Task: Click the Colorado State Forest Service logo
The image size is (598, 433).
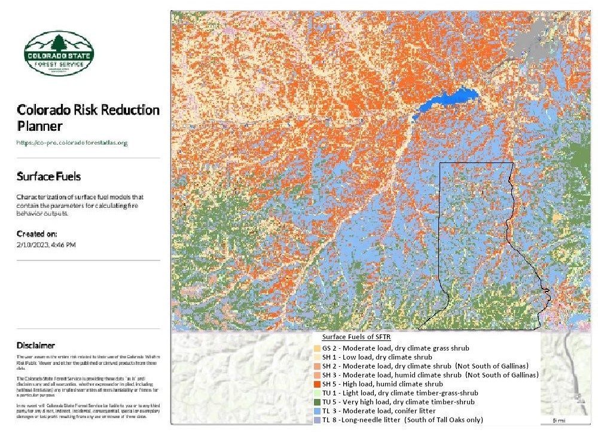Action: point(58,54)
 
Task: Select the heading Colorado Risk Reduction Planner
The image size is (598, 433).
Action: point(88,118)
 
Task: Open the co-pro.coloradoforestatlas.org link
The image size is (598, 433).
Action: point(72,143)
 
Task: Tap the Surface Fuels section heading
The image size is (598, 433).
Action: point(48,177)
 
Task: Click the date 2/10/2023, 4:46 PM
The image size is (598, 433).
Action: point(46,244)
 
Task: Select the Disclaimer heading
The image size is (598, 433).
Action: point(36,345)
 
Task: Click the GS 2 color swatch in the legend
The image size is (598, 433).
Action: point(317,348)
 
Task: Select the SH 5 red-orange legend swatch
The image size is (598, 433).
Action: point(317,383)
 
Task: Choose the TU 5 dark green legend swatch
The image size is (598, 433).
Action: point(317,401)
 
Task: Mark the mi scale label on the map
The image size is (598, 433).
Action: point(559,420)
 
